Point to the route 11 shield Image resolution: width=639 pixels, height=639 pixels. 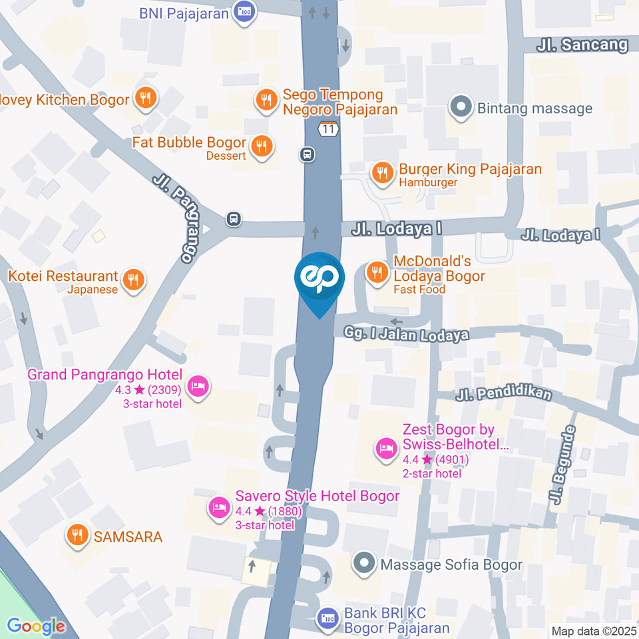tap(327, 129)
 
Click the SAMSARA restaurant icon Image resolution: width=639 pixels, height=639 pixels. tap(78, 535)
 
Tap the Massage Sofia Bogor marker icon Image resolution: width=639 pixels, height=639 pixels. tap(363, 564)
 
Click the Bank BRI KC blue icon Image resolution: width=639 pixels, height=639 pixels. tap(327, 619)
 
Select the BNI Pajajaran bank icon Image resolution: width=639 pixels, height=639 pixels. tap(245, 12)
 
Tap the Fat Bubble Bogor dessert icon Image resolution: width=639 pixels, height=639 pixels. tap(263, 146)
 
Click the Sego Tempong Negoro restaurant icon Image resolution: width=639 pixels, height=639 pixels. tap(266, 101)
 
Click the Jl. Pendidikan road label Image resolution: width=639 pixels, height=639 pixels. tap(504, 394)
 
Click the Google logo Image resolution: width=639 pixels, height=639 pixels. tap(36, 626)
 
